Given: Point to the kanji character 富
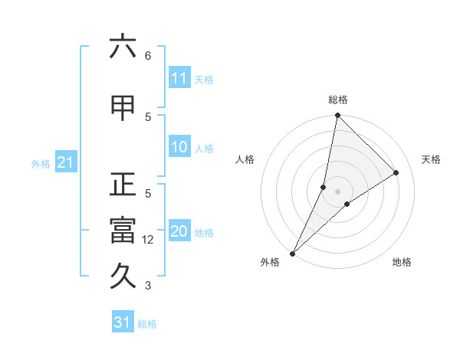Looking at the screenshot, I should click(123, 231).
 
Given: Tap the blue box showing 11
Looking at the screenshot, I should click(179, 78).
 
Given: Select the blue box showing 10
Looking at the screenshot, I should click(179, 148).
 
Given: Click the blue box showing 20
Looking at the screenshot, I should click(179, 232).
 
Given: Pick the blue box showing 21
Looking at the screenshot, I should click(65, 162).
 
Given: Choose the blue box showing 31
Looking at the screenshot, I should click(123, 322).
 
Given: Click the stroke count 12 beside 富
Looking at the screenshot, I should click(149, 240).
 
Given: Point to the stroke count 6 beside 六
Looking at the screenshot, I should click(147, 56).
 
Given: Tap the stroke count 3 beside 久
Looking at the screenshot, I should click(147, 286).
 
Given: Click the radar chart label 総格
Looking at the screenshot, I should click(337, 100).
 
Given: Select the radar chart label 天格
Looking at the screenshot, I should click(431, 159).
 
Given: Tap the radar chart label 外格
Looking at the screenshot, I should click(270, 262).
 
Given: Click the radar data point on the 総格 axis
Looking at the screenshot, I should click(337, 115).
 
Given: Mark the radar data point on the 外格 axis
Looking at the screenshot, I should click(292, 253).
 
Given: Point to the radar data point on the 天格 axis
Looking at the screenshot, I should click(396, 172).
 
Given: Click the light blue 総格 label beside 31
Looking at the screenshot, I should click(147, 324).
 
